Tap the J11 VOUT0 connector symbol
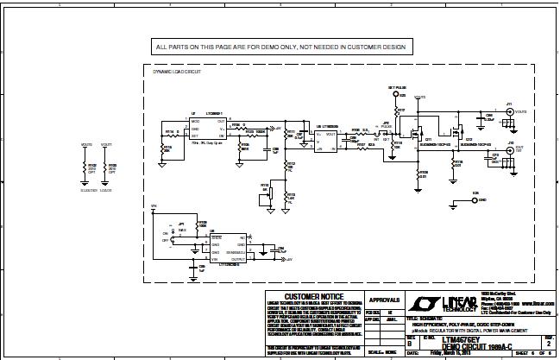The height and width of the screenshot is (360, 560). [511, 112]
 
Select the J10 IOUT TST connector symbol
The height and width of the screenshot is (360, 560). [511, 148]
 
